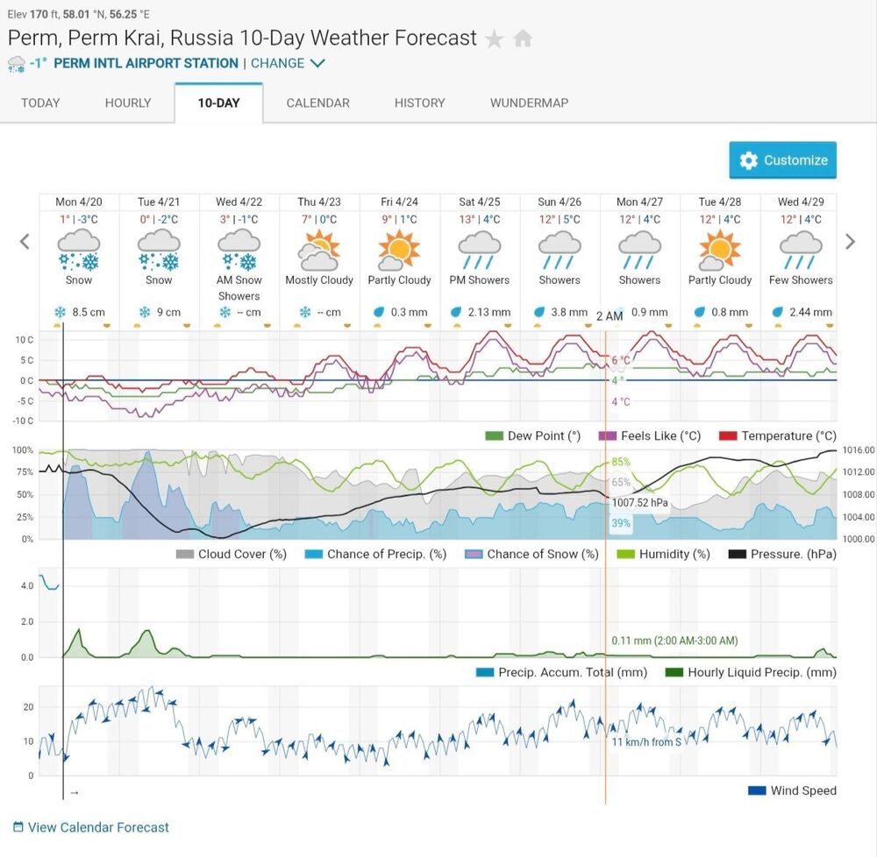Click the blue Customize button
[x=782, y=160]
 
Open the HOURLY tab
[x=128, y=103]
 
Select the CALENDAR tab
[x=317, y=103]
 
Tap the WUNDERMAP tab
[x=529, y=103]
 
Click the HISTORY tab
[x=419, y=103]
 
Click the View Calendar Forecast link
[x=91, y=827]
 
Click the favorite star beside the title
[x=495, y=39]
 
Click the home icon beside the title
[x=523, y=39]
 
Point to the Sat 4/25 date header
[x=480, y=202]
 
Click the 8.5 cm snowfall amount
[x=89, y=312]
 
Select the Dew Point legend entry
[x=533, y=436]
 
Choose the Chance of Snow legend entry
[x=532, y=554]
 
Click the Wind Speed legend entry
[x=792, y=790]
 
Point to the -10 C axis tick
[x=23, y=421]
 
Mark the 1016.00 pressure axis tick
[x=859, y=450]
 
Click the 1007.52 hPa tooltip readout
[x=640, y=503]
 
